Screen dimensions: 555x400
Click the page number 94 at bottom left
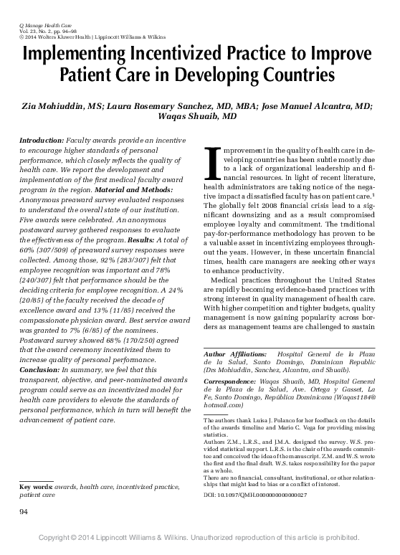pyautogui.click(x=24, y=511)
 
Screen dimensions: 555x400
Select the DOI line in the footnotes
pyautogui.click(x=256, y=494)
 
